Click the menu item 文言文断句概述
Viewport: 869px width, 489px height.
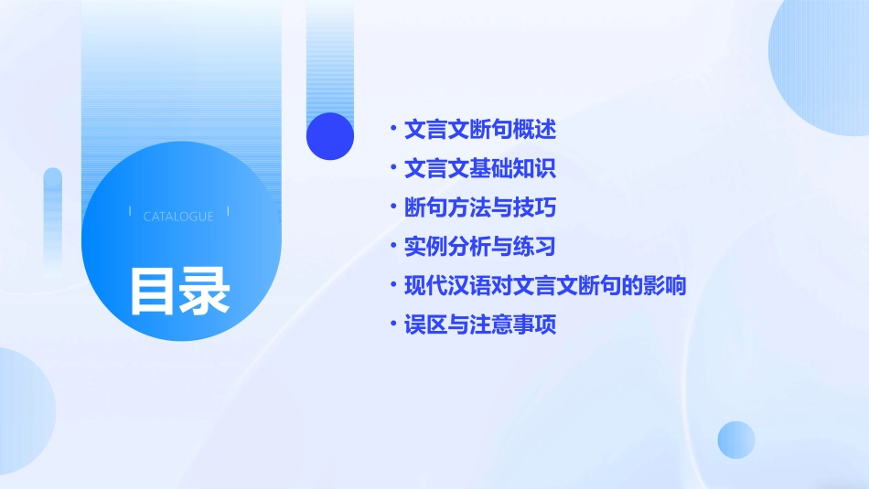click(x=479, y=130)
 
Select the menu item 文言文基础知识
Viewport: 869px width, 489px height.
click(x=479, y=169)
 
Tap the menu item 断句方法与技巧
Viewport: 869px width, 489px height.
click(x=479, y=207)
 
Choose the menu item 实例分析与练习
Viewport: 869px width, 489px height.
click(x=479, y=247)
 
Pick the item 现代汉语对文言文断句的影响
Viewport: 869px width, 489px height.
click(x=544, y=286)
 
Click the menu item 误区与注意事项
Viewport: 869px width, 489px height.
click(x=479, y=324)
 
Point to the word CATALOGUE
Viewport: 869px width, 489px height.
click(x=178, y=217)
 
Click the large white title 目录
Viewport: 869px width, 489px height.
click(x=179, y=292)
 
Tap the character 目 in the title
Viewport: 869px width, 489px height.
click(x=153, y=292)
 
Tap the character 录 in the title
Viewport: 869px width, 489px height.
click(x=205, y=292)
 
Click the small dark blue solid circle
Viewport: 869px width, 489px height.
click(x=330, y=136)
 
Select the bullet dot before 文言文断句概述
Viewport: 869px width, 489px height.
click(x=392, y=130)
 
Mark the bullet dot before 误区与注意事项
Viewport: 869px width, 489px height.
click(x=392, y=324)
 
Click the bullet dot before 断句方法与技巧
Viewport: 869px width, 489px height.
click(x=392, y=207)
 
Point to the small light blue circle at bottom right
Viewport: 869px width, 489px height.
click(x=736, y=440)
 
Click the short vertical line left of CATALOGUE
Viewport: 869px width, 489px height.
click(x=130, y=211)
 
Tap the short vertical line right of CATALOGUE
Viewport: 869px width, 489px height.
click(x=228, y=211)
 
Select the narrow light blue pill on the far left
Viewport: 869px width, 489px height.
click(x=53, y=219)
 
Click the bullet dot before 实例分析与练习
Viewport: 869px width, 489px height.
click(x=392, y=247)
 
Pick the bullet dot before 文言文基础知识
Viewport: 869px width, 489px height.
click(x=392, y=169)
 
